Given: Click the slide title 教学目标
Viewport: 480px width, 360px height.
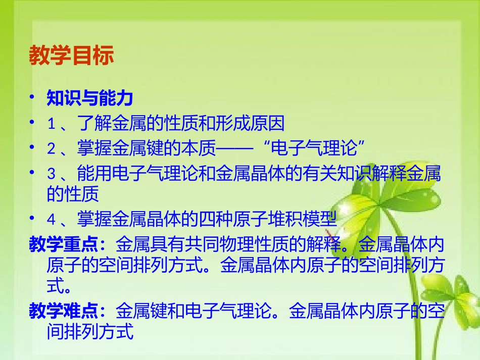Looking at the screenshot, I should [x=71, y=56].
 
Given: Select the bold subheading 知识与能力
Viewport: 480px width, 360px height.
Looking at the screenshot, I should [x=89, y=98].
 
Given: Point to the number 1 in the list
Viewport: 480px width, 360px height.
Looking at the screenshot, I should [x=51, y=123].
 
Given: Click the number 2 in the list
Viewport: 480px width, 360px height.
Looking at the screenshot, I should [x=51, y=149].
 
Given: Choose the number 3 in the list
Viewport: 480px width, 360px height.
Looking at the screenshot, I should [x=51, y=175].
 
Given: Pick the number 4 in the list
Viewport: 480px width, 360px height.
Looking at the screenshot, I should [x=51, y=220].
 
